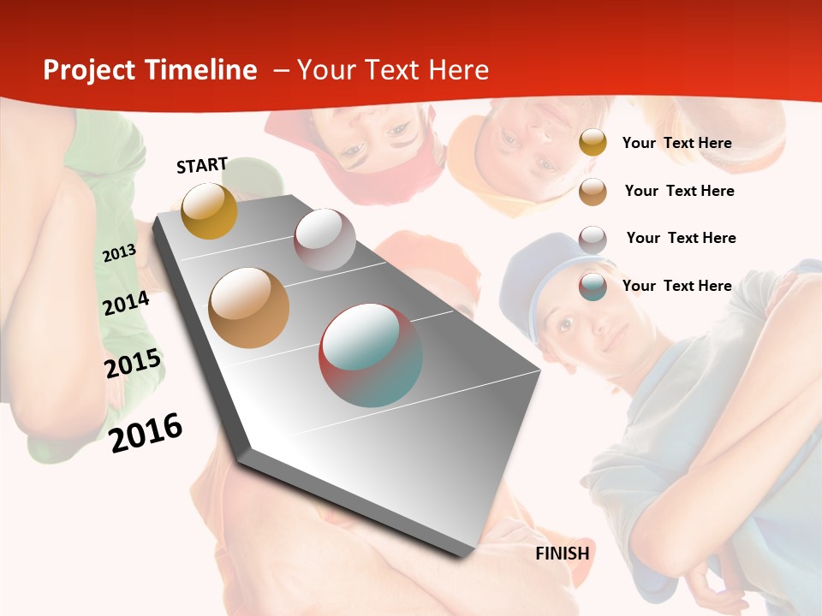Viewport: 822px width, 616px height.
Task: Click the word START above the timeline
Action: click(x=202, y=165)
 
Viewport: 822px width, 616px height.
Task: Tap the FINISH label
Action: click(x=563, y=554)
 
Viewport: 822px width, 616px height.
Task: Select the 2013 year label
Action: click(x=119, y=253)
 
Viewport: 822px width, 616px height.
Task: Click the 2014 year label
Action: click(x=126, y=303)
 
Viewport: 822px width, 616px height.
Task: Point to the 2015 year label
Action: click(x=133, y=364)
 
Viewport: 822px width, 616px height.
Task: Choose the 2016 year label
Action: click(x=146, y=432)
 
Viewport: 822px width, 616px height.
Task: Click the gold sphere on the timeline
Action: click(x=209, y=210)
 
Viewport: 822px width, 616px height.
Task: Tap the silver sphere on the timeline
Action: click(x=325, y=240)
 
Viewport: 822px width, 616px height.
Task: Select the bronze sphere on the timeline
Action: click(x=249, y=308)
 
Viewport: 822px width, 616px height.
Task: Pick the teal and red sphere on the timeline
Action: click(x=371, y=354)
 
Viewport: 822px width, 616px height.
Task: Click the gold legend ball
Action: click(x=593, y=143)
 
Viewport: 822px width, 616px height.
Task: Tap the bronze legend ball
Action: click(x=593, y=192)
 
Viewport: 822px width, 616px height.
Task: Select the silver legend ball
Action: click(x=593, y=240)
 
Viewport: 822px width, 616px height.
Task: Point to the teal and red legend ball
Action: click(x=593, y=287)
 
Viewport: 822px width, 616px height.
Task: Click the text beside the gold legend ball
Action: click(x=676, y=143)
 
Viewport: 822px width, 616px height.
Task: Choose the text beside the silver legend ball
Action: click(x=681, y=238)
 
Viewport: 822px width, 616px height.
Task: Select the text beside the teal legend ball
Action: click(x=676, y=286)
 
